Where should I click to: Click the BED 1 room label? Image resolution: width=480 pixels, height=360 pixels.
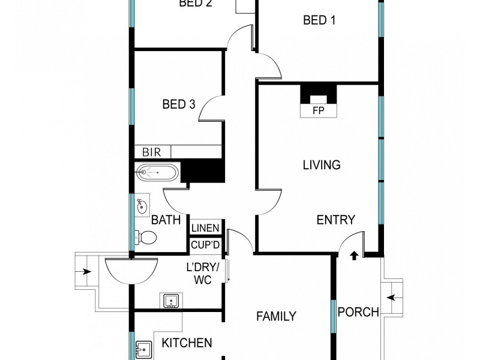(x=319, y=20)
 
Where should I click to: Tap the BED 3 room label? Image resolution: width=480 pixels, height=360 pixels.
(x=179, y=104)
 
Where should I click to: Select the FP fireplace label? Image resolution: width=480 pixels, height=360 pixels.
(x=319, y=111)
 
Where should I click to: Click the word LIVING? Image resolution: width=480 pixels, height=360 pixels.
(x=322, y=164)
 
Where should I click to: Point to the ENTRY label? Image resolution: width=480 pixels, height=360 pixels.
(x=335, y=220)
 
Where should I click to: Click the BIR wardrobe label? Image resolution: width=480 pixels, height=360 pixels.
(x=151, y=152)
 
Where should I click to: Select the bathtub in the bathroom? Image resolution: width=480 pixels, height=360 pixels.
(x=157, y=173)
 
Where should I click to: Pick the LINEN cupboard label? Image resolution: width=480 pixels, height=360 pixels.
(x=206, y=228)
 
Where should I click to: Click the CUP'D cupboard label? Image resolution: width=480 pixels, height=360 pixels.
(x=206, y=245)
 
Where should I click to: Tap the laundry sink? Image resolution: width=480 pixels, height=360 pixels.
(x=170, y=301)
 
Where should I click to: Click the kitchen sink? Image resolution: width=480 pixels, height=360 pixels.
(x=143, y=348)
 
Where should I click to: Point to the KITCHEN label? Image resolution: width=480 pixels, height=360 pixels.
(x=187, y=343)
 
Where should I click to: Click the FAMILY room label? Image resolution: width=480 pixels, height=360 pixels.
(x=276, y=316)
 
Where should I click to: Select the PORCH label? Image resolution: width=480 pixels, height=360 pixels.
(x=358, y=312)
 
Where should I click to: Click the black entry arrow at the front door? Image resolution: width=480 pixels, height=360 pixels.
(x=353, y=256)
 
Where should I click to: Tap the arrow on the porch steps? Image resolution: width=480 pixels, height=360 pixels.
(x=391, y=297)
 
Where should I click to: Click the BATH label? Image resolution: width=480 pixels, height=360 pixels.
(x=166, y=220)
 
